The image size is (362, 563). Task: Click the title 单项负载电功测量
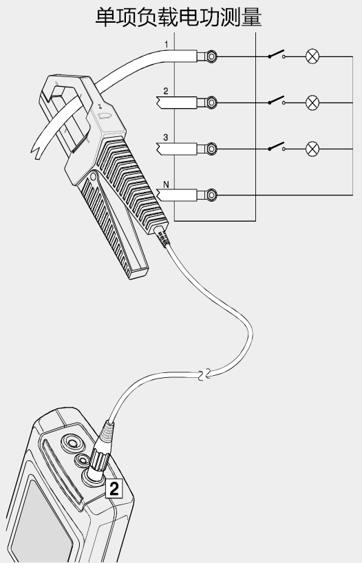point(178,17)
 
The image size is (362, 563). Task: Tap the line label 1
point(167,45)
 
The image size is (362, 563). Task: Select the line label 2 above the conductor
point(166,92)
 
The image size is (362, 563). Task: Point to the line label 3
point(166,138)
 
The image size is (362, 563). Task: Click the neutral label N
point(166,184)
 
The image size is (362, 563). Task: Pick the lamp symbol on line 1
point(312,56)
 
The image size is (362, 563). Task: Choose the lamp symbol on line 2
point(312,103)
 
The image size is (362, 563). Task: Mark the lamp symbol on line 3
point(312,149)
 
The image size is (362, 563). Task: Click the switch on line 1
point(277,54)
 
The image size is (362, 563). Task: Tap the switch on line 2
point(277,100)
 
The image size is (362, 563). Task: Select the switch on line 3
point(277,146)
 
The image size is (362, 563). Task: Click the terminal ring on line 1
point(211,56)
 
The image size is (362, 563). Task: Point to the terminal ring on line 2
point(211,103)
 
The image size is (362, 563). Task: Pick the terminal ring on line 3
point(211,149)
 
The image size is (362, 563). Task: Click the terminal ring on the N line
point(211,195)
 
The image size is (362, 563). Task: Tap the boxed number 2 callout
point(114,489)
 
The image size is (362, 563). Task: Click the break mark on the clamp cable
point(203,374)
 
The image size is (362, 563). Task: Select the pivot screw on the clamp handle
point(94,176)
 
